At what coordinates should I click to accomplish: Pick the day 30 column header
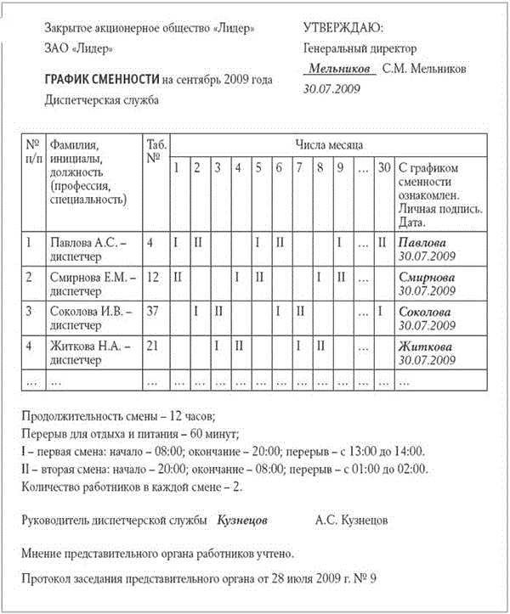tap(384, 166)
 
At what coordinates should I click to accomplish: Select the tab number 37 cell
tap(154, 311)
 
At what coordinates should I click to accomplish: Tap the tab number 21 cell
tap(154, 346)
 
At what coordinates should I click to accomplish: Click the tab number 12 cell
tap(154, 276)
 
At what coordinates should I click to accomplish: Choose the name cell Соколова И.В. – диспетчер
tap(91, 318)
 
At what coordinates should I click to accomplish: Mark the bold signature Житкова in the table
tap(428, 346)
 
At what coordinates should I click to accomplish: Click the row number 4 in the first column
tap(29, 346)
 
